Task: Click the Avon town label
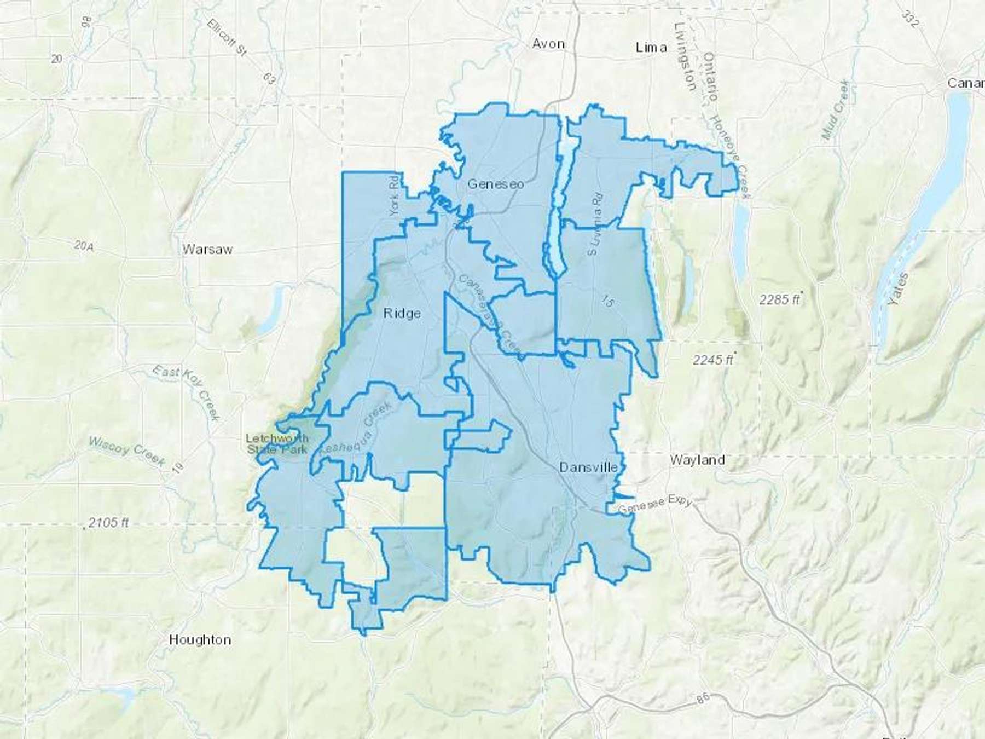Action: pyautogui.click(x=548, y=44)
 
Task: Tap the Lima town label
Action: pyautogui.click(x=651, y=47)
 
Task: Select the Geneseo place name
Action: pyautogui.click(x=495, y=184)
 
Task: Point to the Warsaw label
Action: pyautogui.click(x=207, y=250)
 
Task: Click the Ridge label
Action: pyautogui.click(x=402, y=313)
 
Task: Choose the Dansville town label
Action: pyautogui.click(x=588, y=467)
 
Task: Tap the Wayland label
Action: pyautogui.click(x=697, y=460)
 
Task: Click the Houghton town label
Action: pyautogui.click(x=200, y=639)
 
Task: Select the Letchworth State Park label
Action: pyautogui.click(x=277, y=444)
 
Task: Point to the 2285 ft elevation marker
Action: pyautogui.click(x=780, y=299)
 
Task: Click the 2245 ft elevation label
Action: pyautogui.click(x=712, y=360)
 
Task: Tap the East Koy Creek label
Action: pyautogui.click(x=186, y=393)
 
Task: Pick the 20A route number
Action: pyautogui.click(x=84, y=247)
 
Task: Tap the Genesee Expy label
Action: pyautogui.click(x=655, y=506)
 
